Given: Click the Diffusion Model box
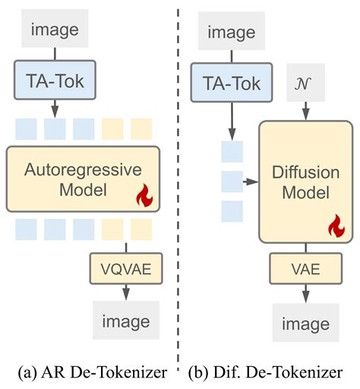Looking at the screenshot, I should pos(305,180).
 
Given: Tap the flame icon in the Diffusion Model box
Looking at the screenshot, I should pos(334,226).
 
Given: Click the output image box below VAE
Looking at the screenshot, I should pos(305,324).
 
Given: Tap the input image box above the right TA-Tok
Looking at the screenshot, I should pos(232,33).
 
